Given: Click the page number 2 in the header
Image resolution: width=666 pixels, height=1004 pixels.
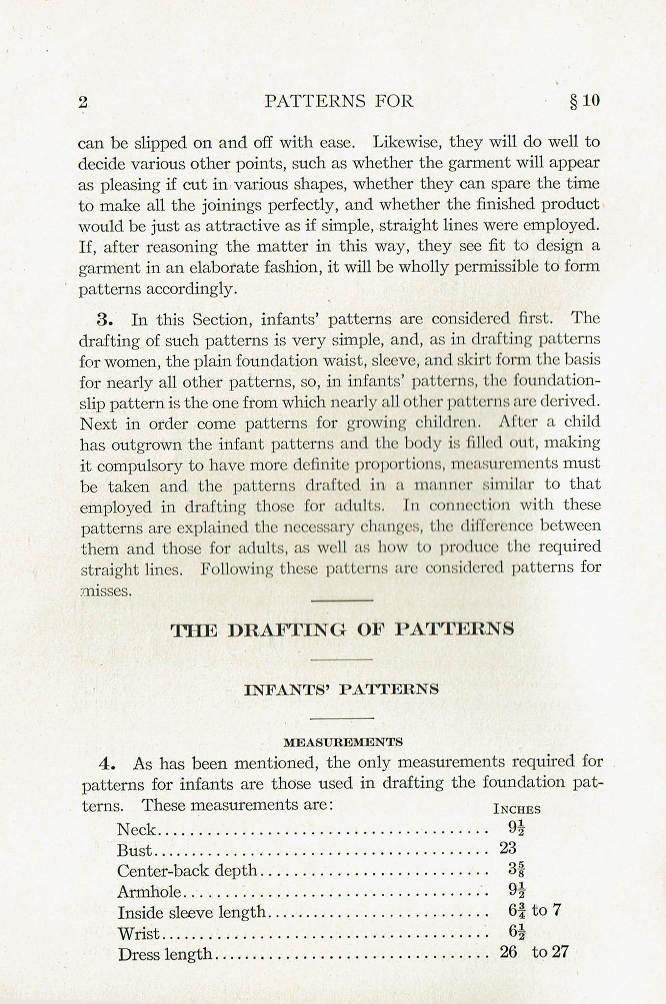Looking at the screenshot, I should coord(82,102).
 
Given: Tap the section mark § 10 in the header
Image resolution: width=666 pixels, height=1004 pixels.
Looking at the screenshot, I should coord(585,101).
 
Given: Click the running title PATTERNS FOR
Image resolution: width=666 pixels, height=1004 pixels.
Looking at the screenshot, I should coord(339,101).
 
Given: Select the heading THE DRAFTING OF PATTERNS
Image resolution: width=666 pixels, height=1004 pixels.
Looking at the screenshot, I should coord(342,629).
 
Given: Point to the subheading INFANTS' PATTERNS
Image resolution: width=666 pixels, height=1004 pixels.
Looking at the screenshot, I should coord(341,690).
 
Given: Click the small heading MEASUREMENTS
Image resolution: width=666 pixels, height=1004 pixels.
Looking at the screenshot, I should coord(343,742).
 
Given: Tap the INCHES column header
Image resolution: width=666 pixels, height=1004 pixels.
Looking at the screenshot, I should coord(517,809).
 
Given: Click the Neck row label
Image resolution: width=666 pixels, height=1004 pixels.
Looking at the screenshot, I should coord(136,830).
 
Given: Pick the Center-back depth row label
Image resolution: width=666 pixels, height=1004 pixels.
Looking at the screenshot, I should coord(187,871).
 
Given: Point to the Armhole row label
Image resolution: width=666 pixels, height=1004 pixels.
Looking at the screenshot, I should coord(149,892).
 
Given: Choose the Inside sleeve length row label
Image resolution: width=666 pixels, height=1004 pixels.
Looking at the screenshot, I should coord(192,912).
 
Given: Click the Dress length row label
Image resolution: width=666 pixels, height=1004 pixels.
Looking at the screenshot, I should coord(165,954).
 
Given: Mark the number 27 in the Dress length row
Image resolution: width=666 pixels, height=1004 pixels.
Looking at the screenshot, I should coord(559,952).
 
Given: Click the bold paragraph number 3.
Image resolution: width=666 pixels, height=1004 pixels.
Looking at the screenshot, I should coord(106,320).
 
